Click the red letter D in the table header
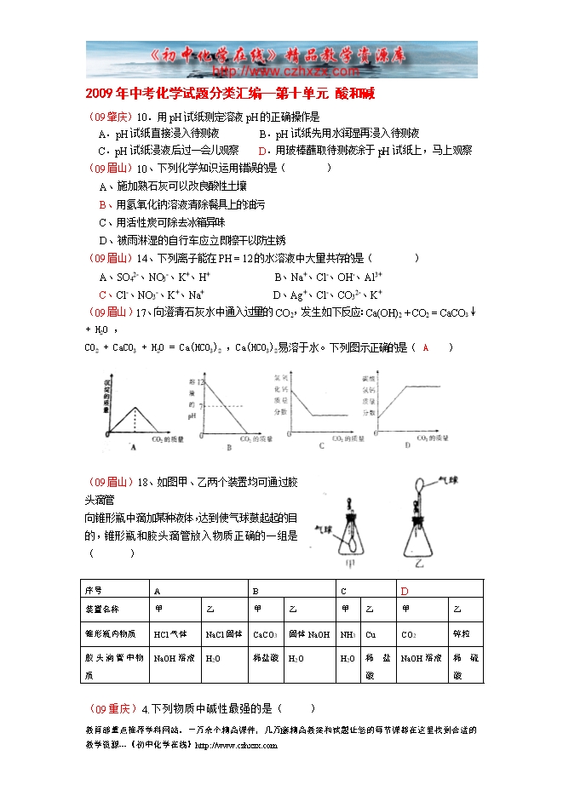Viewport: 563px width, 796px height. pos(405,591)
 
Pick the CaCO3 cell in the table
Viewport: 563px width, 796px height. pos(266,633)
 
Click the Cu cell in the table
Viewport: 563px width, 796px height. pos(370,633)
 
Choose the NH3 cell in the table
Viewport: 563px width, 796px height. pos(347,633)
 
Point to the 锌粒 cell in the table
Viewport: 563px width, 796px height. pos(461,633)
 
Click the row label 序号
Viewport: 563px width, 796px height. pos(93,590)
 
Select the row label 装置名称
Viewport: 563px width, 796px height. pos(101,610)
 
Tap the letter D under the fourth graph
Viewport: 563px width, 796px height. pos(407,444)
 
